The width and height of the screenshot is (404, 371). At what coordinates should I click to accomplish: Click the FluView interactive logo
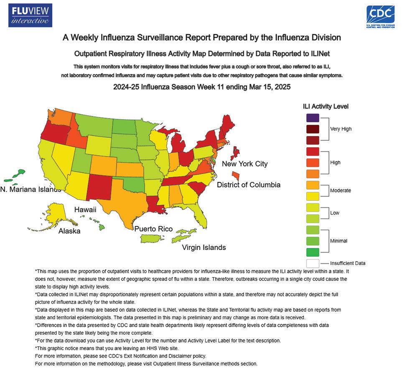coord(30,15)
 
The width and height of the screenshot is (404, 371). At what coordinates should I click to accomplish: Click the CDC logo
coord(381,17)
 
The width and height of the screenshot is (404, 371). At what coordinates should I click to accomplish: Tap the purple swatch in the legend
coord(313,118)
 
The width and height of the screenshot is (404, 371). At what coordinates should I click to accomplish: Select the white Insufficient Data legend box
coord(313,263)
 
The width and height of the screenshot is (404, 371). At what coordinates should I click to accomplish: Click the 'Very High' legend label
coord(341,129)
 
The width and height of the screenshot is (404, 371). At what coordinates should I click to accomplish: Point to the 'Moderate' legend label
coord(340,190)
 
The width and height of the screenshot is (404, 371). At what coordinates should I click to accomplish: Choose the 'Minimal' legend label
coord(339,241)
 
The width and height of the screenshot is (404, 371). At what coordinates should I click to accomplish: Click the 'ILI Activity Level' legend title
coord(326,106)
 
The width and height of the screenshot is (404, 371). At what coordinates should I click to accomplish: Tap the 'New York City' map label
coord(245,164)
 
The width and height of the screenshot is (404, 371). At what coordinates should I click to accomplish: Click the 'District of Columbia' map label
coord(249,185)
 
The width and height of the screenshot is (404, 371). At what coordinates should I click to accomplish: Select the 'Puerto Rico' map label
coord(154,229)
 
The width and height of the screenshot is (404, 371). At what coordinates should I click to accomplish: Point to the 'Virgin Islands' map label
coord(204,247)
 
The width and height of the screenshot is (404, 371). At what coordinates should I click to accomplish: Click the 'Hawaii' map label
coord(85,209)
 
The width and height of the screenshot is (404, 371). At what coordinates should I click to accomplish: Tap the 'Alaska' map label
coord(69,231)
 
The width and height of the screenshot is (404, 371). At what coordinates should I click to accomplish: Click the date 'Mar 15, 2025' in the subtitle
coord(270,87)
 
